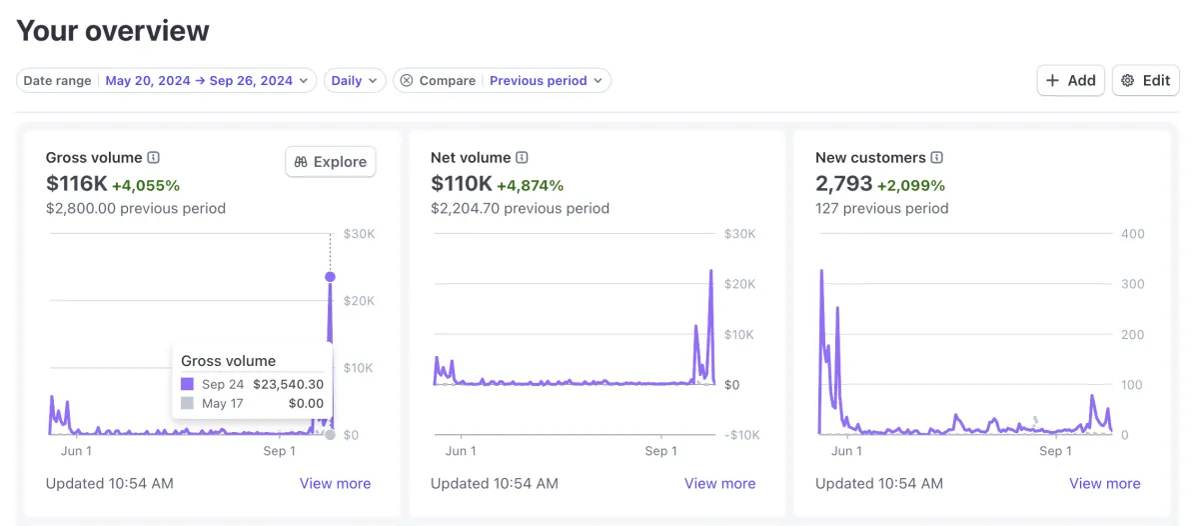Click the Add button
1070,81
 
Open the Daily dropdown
354,81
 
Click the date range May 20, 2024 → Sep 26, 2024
199,81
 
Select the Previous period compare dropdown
546,81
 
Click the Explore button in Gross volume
331,162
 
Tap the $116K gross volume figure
76,184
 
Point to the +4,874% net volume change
530,185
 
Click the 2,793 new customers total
843,184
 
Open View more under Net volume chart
719,483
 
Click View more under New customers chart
1104,483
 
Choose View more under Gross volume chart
335,483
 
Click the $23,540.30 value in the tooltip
288,384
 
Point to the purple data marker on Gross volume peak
331,277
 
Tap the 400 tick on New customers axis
1132,234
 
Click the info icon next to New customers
937,158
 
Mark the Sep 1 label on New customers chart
1050,451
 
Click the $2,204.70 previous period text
520,209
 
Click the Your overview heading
113,31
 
